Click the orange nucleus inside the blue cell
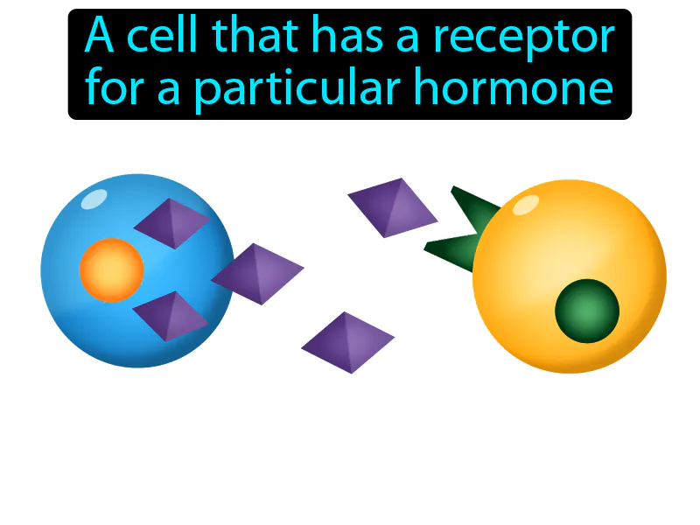(111, 270)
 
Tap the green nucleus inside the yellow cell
(587, 311)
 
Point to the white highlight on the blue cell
(92, 199)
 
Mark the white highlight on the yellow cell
(525, 205)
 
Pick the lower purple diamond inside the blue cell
(170, 316)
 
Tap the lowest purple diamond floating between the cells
(347, 342)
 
